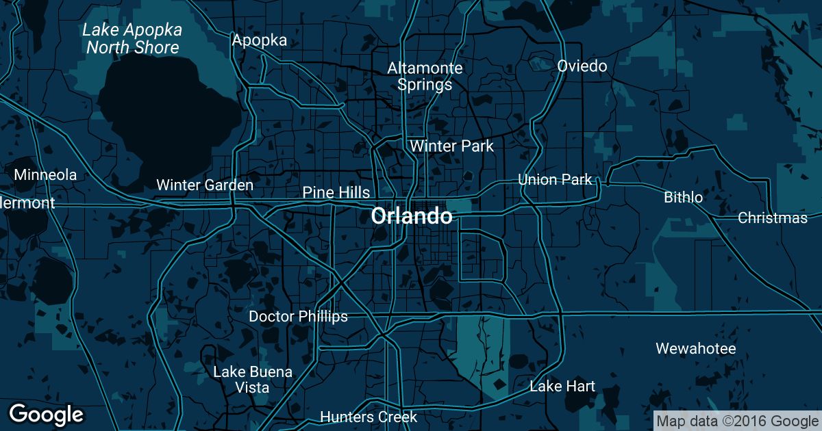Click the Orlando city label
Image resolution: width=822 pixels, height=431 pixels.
(411, 216)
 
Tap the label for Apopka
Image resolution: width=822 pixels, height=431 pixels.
(259, 40)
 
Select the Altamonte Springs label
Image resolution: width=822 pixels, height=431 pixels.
(425, 77)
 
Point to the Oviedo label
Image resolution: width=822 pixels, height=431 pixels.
(582, 66)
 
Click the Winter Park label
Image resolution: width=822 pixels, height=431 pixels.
(451, 146)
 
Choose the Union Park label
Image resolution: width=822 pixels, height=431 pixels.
(555, 180)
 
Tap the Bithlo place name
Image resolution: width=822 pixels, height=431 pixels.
(683, 198)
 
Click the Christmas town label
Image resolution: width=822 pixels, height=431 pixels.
(773, 218)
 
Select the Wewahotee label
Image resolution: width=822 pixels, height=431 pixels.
(695, 349)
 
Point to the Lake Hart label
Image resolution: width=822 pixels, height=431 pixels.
(562, 387)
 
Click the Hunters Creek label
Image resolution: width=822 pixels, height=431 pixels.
(369, 417)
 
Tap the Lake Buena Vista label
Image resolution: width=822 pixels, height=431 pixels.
(253, 380)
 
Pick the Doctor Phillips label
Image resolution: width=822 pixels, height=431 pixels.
(298, 316)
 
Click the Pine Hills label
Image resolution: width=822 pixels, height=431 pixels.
(336, 193)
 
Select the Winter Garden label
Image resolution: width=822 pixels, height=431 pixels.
(205, 185)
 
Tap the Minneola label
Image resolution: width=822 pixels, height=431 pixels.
(45, 174)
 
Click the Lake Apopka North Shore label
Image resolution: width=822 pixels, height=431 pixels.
(132, 39)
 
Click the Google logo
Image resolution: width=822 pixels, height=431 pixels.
(46, 414)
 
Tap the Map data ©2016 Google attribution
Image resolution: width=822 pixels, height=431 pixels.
(736, 421)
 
